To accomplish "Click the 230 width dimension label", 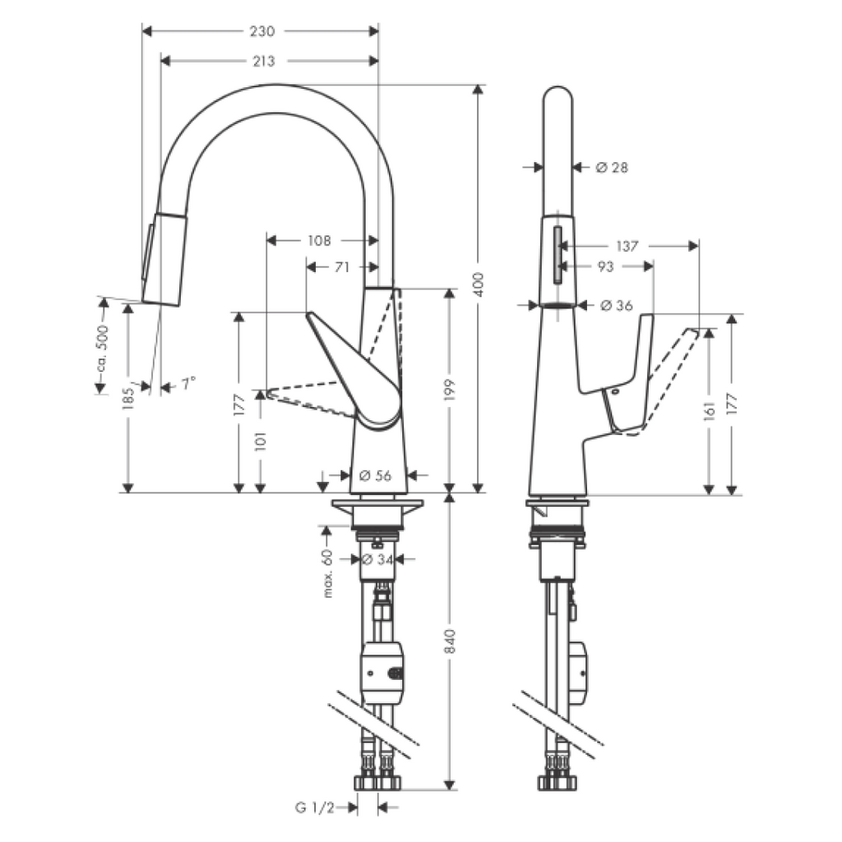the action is (x=262, y=31).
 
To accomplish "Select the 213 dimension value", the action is (x=264, y=61).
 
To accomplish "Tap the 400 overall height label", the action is (x=479, y=285).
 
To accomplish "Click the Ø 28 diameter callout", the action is (x=612, y=168).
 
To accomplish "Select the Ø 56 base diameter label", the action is (x=375, y=475).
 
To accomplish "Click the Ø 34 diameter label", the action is (x=377, y=559).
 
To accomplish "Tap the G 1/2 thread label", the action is (x=315, y=807).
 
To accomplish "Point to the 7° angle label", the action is (x=188, y=383).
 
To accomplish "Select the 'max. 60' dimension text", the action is (x=327, y=573).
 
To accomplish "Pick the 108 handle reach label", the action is (x=320, y=241).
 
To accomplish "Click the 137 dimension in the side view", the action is (x=627, y=246).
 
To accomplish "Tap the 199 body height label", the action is (x=450, y=390).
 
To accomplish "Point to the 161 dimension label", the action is (x=710, y=410).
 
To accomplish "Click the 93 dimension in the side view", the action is (x=605, y=266).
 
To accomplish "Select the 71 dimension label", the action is (x=341, y=267).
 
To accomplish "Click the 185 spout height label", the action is (x=127, y=399).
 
